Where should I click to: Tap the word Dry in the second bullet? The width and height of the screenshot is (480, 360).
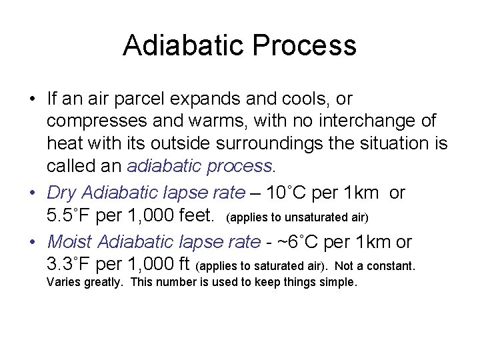click(x=62, y=193)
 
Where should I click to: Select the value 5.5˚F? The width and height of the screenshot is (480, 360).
click(x=71, y=216)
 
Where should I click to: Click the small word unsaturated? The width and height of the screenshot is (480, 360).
click(x=300, y=217)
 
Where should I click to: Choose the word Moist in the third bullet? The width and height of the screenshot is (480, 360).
click(x=71, y=242)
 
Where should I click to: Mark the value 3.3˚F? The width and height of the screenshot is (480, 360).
click(x=71, y=265)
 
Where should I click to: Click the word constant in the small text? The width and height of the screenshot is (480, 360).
click(x=394, y=266)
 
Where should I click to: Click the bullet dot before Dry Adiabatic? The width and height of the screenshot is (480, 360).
click(x=32, y=193)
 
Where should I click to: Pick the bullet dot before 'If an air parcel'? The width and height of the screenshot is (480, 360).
click(x=32, y=99)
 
